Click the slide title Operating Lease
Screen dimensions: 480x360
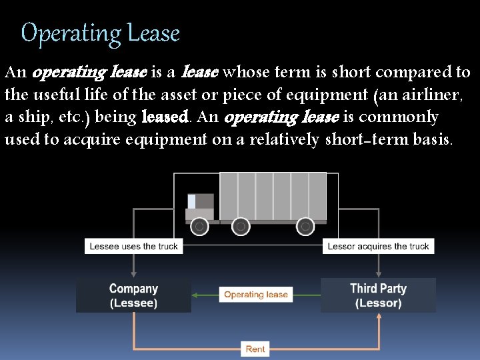tap(101, 33)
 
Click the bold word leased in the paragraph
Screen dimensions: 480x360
tap(166, 117)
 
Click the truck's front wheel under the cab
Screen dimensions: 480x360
tap(199, 227)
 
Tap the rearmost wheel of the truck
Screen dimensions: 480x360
tap(305, 227)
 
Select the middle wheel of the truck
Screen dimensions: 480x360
tap(241, 227)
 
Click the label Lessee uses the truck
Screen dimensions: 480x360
tap(134, 246)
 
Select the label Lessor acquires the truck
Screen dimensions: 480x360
tap(378, 246)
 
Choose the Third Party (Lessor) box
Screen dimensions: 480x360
tap(378, 295)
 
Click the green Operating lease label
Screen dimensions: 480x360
tap(256, 295)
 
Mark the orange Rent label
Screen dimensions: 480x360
tap(255, 349)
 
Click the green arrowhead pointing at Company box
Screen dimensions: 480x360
tap(195, 295)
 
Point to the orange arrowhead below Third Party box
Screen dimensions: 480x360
tap(379, 317)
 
